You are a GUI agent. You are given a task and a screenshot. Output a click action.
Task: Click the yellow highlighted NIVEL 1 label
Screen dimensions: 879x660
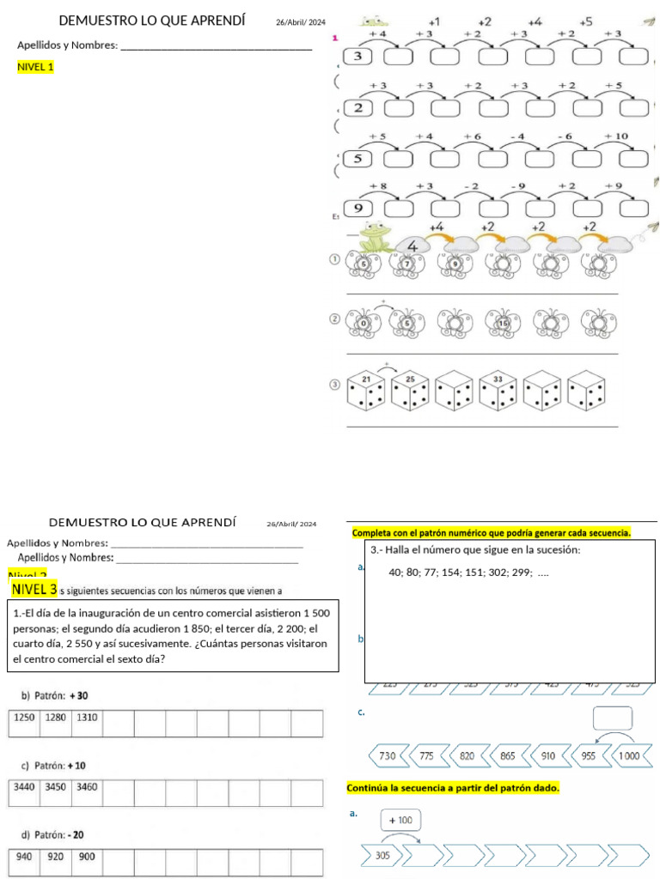35,66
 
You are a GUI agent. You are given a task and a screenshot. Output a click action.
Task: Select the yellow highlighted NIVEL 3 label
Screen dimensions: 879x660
35,589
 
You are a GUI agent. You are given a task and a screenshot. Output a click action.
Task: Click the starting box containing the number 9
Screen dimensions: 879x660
358,209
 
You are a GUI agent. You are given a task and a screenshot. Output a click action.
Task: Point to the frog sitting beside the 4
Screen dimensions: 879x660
374,238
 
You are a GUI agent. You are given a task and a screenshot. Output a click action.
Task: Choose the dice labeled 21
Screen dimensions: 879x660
366,391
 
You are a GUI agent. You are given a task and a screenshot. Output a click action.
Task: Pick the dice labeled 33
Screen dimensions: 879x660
499,391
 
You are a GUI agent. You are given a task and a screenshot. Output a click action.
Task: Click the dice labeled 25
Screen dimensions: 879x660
411,391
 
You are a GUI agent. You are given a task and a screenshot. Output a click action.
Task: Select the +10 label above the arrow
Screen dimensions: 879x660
616,136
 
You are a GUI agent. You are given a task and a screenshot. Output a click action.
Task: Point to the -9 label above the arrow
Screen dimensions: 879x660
516,185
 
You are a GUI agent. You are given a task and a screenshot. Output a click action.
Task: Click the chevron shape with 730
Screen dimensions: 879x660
388,756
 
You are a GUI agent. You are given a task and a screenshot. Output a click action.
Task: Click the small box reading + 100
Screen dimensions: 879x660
400,821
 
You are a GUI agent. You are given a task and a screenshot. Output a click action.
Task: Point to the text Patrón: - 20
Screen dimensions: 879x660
52,834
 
